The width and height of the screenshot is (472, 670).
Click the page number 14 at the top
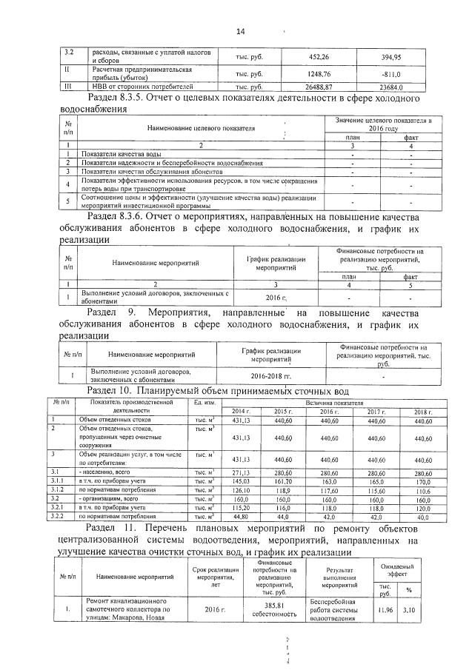240,31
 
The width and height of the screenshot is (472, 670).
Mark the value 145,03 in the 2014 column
242,480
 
